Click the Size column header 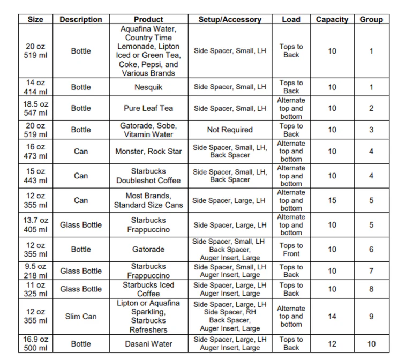[35, 19]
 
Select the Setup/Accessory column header [230, 19]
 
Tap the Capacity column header [332, 19]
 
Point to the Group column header [371, 19]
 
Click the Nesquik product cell [148, 87]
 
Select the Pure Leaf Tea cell [148, 108]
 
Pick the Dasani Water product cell [148, 344]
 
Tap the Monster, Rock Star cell [148, 152]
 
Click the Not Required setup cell [230, 130]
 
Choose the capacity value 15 [332, 200]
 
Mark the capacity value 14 [332, 317]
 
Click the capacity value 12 [332, 344]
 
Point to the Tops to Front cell [291, 250]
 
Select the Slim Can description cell [81, 317]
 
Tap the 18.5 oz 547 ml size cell [35, 108]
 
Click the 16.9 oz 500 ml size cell [35, 344]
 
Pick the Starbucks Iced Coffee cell [148, 289]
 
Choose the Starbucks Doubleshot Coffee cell [148, 176]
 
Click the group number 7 [371, 271]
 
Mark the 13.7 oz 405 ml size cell [35, 225]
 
